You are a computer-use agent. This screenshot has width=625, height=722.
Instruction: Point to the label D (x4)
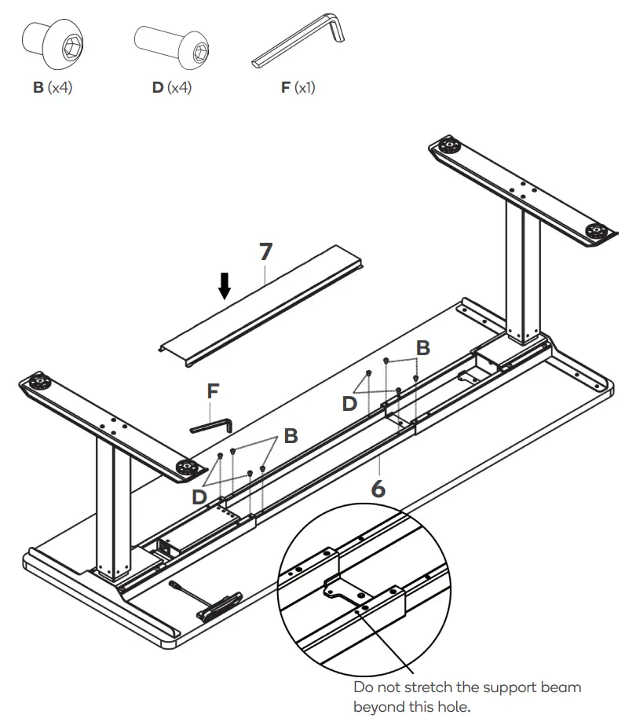coord(171,88)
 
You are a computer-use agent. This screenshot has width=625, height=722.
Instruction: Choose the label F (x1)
coord(298,88)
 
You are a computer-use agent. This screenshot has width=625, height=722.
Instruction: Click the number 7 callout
coord(265,252)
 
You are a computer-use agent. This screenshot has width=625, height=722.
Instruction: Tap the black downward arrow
coord(225,286)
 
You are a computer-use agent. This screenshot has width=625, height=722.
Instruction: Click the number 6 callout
coord(378,488)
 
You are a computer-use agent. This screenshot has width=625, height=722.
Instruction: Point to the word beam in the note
coord(566,687)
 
